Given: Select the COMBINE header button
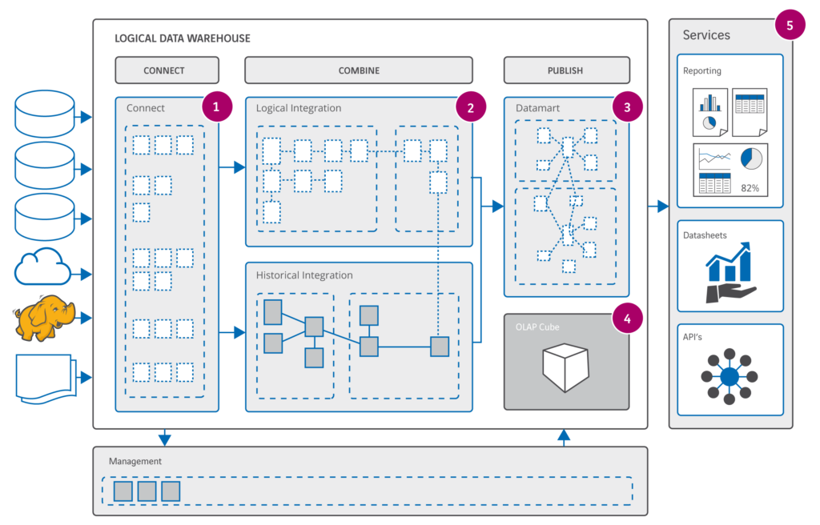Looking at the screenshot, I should click(x=359, y=70).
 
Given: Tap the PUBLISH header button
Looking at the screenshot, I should click(x=565, y=70).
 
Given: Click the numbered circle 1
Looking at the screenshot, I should click(x=217, y=106).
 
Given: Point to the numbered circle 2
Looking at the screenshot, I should click(x=470, y=106).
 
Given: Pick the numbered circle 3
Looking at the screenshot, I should click(x=627, y=106).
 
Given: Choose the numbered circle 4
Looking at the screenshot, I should click(x=627, y=318).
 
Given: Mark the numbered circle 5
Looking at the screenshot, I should click(x=790, y=26).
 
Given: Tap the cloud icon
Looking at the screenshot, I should click(x=44, y=267).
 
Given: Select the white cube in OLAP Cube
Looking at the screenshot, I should click(x=565, y=367).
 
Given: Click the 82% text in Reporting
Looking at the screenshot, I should click(x=750, y=189).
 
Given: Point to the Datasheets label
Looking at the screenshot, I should click(x=705, y=235).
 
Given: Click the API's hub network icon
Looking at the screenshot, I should click(x=729, y=377).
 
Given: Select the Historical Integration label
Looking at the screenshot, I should click(x=304, y=275).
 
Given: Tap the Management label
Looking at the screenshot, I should click(x=135, y=462).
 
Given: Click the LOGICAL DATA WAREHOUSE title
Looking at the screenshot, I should click(x=183, y=38).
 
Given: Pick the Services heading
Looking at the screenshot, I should click(x=706, y=35).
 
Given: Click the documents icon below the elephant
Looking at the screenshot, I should click(x=45, y=378).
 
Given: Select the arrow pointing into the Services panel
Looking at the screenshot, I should click(x=658, y=206).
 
